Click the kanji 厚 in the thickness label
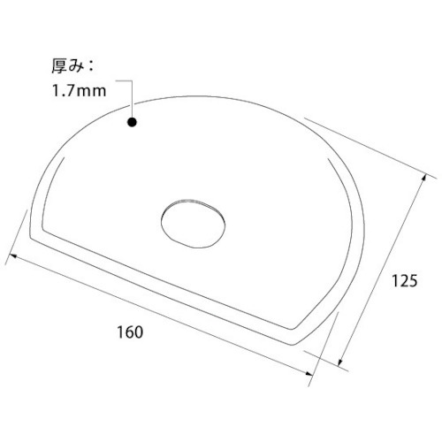pos(59,66)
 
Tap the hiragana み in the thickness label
pos(76,67)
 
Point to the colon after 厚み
pos(90,67)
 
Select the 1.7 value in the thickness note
pos(63,91)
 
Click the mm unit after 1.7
pos(91,92)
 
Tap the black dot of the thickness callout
pos(132,122)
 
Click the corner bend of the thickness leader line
pos(132,80)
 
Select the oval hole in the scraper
pos(194,223)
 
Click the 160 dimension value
pos(130,332)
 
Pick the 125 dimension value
pos(404,281)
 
